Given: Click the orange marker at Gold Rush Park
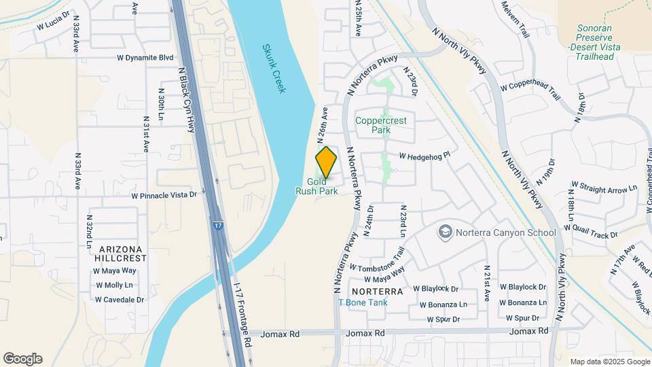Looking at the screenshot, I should (x=326, y=162).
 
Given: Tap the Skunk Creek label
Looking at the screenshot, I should (x=273, y=69).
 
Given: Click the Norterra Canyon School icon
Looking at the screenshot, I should (x=446, y=232).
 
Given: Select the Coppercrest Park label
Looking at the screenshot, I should (x=381, y=124).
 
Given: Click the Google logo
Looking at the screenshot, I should (x=22, y=359).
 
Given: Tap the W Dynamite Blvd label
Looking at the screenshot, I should (x=145, y=58).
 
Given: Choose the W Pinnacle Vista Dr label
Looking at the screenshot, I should (x=164, y=195).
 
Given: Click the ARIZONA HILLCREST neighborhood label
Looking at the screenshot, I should (x=122, y=254).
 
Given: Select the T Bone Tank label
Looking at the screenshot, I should (x=367, y=302).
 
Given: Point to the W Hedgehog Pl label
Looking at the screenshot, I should (x=424, y=156).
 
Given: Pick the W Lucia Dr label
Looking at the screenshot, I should (x=54, y=20).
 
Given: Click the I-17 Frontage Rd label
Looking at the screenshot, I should (x=242, y=313).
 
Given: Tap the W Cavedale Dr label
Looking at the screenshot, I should (x=120, y=300).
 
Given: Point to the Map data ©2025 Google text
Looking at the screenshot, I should (x=609, y=362).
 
